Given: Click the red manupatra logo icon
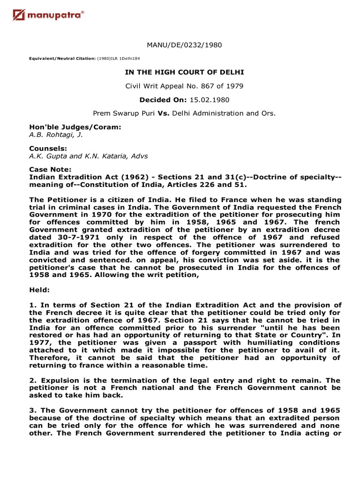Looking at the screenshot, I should click(x=19, y=16).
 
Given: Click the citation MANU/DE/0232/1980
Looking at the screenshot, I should click(x=184, y=45).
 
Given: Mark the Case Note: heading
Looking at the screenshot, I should click(x=50, y=169).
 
